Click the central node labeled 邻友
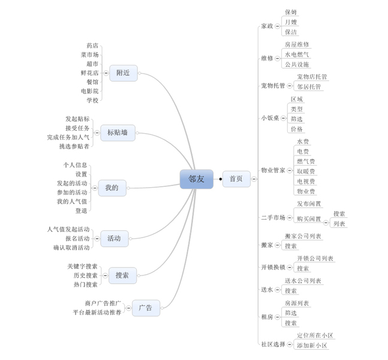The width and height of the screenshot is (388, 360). coord(196,179)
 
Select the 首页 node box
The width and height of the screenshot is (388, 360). coord(236,179)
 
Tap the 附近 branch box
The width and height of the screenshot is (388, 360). coord(124,73)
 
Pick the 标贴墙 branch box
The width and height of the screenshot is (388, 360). coord(118,133)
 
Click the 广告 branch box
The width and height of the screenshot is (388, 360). coord(146,308)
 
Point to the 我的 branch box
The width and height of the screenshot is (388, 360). coord(112,188)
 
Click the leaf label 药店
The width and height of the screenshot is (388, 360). coord(92,46)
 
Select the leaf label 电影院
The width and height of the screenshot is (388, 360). coord(90,91)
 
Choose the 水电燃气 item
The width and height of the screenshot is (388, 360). coord(297,55)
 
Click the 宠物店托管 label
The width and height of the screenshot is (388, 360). coord(312,77)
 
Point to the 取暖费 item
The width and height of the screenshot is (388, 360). coord(306,171)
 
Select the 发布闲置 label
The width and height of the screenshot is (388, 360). coord(309,204)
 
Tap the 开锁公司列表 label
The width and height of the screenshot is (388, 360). coord(315,259)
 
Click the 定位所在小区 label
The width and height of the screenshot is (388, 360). coord(315,335)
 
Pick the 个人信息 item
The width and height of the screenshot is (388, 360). coord(76,165)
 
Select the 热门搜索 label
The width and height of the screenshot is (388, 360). coord(86,284)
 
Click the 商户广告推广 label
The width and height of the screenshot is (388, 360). coord(103,303)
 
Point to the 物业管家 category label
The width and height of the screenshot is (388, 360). coord(273,170)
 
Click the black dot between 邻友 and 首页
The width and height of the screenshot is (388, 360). coord(220,179)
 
